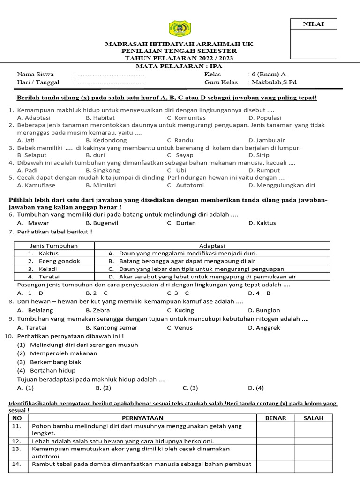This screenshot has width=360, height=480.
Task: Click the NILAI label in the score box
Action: [313, 24]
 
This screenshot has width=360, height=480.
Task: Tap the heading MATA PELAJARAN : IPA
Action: [180, 66]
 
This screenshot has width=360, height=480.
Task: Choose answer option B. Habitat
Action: [100, 118]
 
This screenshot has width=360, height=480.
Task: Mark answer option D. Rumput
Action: [264, 170]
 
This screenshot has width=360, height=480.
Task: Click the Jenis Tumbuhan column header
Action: [54, 246]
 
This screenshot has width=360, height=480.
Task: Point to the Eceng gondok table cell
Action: [60, 261]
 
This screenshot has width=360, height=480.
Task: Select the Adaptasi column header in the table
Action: [212, 246]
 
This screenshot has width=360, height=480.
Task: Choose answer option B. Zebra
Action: [98, 310]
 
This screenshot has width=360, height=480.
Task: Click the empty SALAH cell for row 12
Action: [313, 441]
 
